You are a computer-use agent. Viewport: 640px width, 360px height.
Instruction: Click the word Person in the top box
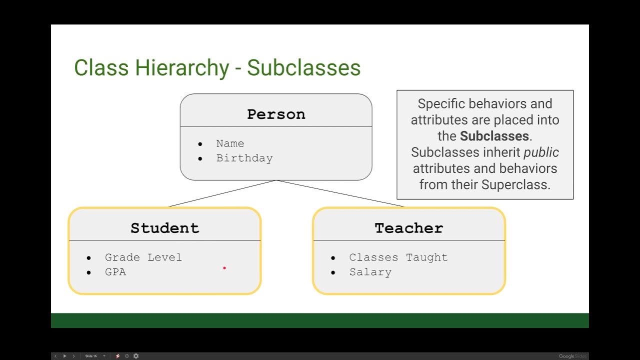(276, 114)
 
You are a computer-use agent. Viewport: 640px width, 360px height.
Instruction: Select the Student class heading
(164, 228)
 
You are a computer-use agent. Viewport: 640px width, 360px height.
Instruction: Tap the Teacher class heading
(409, 228)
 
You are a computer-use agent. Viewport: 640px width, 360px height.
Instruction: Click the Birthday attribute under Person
(244, 158)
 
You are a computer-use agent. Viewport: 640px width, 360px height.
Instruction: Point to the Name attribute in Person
(230, 143)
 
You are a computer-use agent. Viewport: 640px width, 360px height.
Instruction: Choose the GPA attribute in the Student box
(115, 272)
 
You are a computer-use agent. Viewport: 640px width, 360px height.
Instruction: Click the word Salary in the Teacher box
(370, 272)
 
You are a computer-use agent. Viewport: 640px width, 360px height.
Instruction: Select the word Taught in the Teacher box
(426, 257)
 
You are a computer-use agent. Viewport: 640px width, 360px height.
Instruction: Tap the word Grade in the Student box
(122, 257)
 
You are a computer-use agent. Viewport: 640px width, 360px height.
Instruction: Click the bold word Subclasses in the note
(494, 136)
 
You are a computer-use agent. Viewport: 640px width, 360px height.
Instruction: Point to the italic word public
(541, 152)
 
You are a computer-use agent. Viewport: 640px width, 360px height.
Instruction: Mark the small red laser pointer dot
(224, 268)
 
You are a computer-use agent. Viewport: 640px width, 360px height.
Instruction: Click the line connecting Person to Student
(222, 193)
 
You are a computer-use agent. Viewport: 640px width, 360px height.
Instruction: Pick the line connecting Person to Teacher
(340, 193)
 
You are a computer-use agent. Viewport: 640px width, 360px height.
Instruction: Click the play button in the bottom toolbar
(64, 356)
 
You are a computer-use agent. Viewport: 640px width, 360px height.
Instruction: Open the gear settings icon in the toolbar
(135, 356)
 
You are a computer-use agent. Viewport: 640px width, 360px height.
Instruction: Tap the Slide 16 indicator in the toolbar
(91, 356)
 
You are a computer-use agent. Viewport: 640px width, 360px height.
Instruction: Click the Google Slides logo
(573, 356)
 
